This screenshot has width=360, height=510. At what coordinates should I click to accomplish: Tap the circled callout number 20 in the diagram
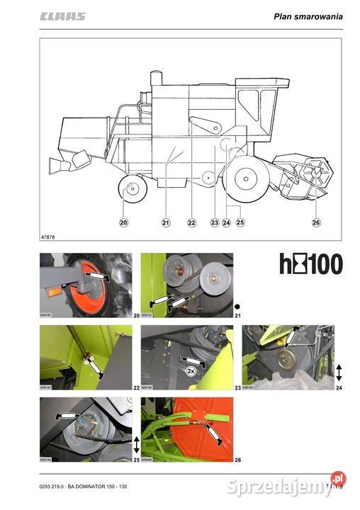coord(124,222)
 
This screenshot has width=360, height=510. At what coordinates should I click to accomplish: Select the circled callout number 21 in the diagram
coord(166,222)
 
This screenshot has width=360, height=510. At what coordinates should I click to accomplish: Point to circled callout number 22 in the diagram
coord(191,222)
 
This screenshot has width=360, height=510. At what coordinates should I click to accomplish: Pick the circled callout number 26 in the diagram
coord(316,222)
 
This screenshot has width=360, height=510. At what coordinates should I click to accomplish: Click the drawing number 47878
coord(48,236)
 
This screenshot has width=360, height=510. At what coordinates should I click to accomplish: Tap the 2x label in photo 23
coord(190,370)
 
